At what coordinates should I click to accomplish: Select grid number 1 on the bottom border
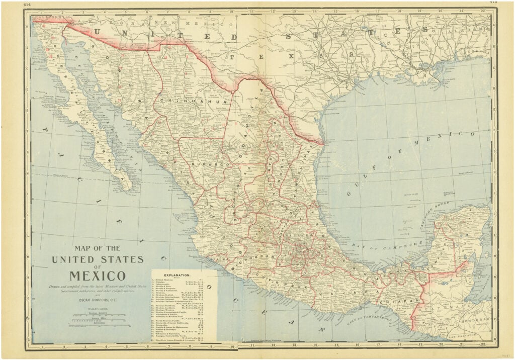pos(43,346)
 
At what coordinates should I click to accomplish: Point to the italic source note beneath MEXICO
pos(98,288)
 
